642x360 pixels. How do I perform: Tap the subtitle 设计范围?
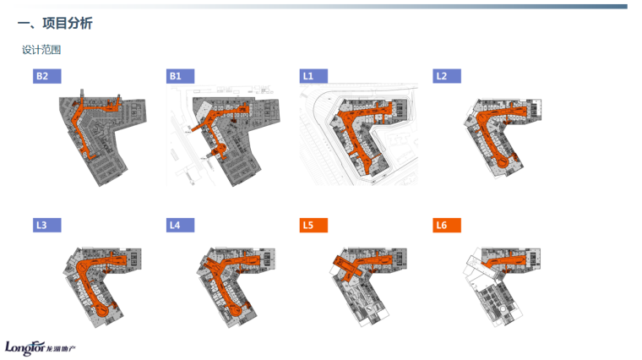point(41,50)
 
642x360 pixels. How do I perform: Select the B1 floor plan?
point(228,135)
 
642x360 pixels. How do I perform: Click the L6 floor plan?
point(498,283)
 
